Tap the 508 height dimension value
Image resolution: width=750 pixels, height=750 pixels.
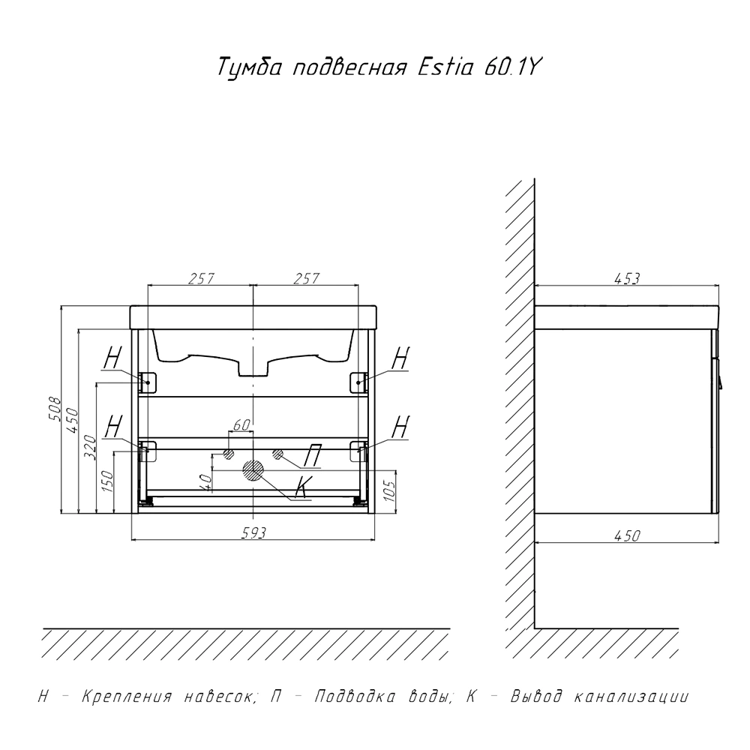(x=55, y=408)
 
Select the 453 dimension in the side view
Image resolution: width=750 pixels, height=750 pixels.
(x=627, y=278)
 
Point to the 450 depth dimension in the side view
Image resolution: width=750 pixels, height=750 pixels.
(x=627, y=535)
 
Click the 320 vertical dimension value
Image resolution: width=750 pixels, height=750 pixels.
(x=90, y=447)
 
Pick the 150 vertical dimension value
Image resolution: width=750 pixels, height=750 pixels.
(x=107, y=481)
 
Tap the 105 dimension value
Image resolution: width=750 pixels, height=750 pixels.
(x=390, y=490)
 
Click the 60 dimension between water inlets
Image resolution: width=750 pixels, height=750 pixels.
(x=241, y=424)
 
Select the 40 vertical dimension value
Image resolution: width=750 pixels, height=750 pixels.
(x=206, y=482)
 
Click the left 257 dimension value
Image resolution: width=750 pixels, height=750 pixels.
(x=200, y=278)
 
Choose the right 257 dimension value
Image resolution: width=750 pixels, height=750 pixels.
(x=306, y=278)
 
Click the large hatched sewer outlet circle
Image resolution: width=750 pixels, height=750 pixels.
(x=253, y=470)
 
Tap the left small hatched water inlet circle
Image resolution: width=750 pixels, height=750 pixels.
(x=229, y=454)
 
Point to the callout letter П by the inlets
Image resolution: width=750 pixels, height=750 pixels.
(x=313, y=455)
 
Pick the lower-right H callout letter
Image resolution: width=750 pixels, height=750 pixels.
(x=400, y=427)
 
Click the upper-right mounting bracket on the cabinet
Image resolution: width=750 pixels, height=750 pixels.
(x=358, y=382)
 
